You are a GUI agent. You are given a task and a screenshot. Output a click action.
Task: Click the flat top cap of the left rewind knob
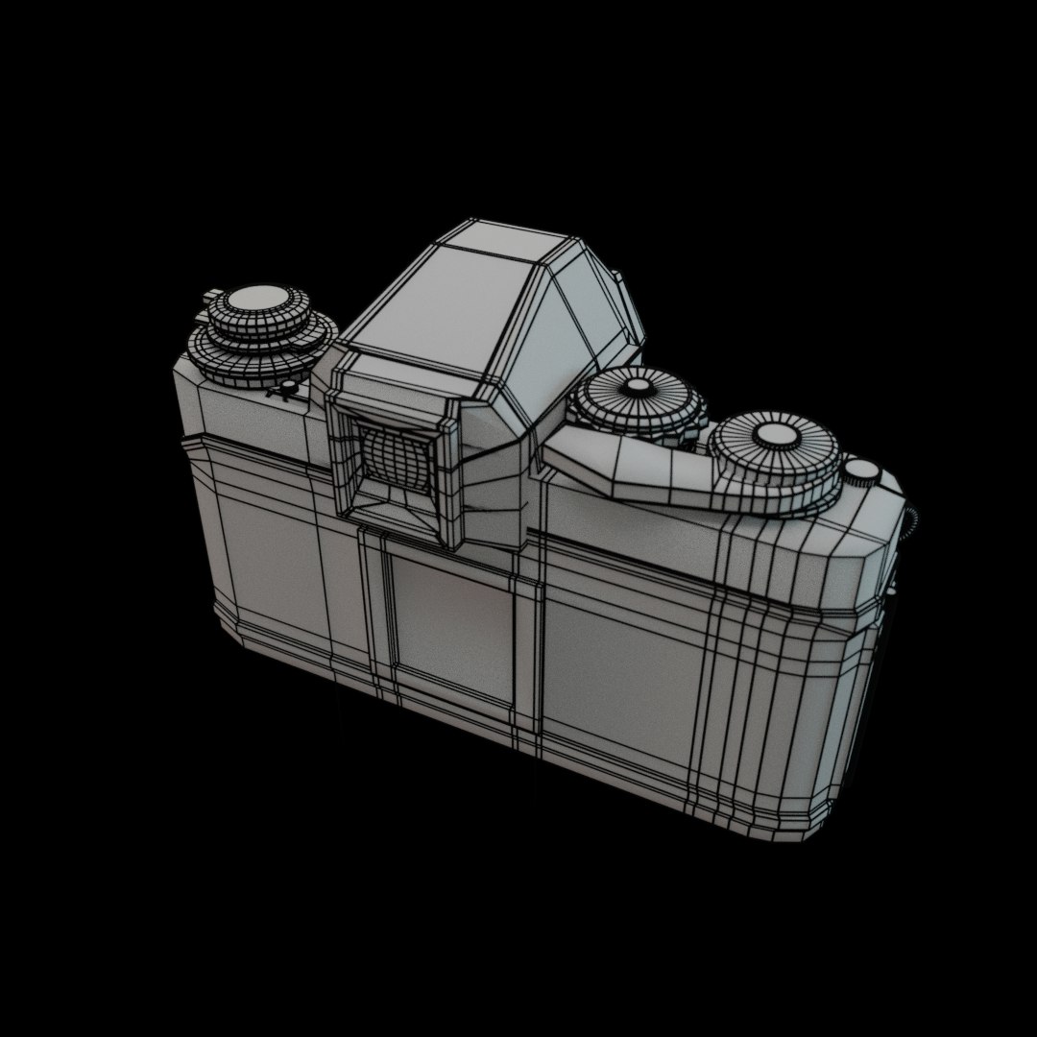[x=261, y=300]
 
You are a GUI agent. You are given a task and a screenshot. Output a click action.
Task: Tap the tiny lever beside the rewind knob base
[x=285, y=389]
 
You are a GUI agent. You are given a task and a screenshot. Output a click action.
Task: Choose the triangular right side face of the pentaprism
[x=586, y=307]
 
